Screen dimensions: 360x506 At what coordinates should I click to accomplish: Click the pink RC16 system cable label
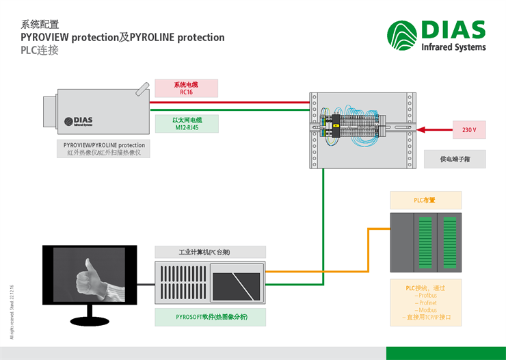[x=187, y=88]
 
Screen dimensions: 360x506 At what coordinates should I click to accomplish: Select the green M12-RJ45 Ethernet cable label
[x=187, y=123]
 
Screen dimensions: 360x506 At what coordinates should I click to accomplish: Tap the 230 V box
[x=469, y=129]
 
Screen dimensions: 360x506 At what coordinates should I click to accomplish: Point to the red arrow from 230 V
[x=434, y=129]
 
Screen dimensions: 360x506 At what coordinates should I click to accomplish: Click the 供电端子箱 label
[x=455, y=159]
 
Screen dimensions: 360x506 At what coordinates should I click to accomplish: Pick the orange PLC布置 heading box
[x=425, y=200]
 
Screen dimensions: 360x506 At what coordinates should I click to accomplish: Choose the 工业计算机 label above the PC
[x=210, y=252]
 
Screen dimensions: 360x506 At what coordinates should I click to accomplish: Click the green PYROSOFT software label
[x=210, y=317]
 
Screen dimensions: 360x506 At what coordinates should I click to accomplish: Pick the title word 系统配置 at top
[x=40, y=24]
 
